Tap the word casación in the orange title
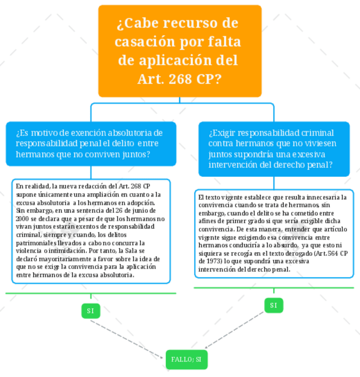pos(145,42)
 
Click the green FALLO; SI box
pos(186,360)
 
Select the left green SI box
pos(91,311)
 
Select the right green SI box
pos(274,305)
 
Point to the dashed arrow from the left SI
pos(126,340)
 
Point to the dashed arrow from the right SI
pos(234,330)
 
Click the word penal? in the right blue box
pos(320,164)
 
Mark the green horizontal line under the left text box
pos(91,293)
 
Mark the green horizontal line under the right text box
pos(274,288)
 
